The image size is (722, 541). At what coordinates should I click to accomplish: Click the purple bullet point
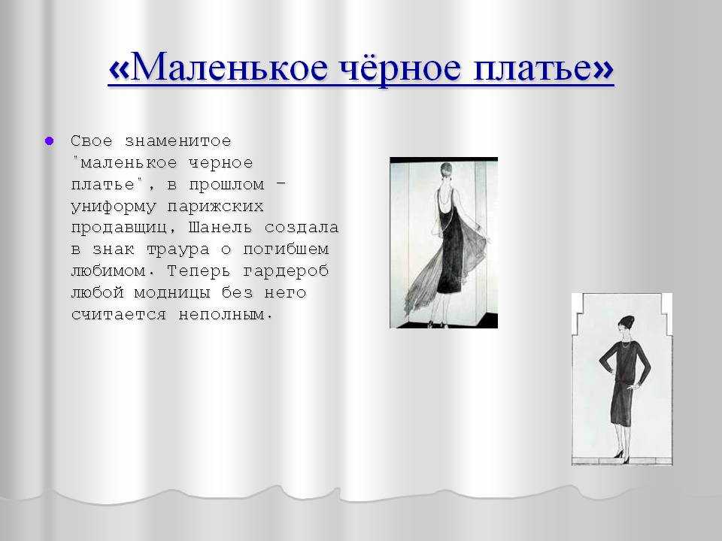coord(50,141)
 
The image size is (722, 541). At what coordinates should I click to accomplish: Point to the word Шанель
coord(220,227)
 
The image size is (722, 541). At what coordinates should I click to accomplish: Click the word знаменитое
coord(178,141)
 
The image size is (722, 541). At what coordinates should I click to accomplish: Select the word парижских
coord(216,207)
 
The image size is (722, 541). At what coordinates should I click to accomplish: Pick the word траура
coord(177,249)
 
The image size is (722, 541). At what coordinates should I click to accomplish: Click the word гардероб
coord(286,271)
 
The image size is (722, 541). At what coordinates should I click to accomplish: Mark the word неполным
coord(225,315)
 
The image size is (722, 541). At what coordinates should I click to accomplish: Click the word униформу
coord(114,207)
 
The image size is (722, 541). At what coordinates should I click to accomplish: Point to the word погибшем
coord(286,249)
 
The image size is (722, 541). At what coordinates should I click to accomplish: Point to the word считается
coord(119,315)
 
